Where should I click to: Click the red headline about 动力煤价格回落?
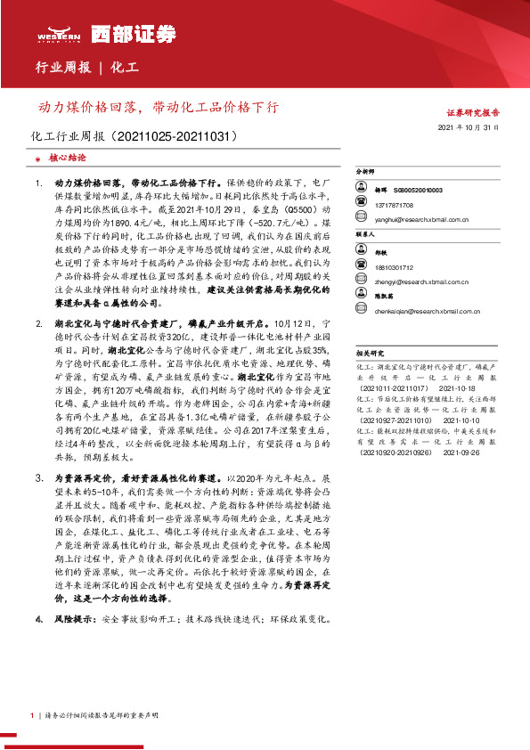(x=157, y=107)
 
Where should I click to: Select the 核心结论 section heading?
(x=68, y=158)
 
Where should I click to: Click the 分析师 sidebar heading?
(x=366, y=169)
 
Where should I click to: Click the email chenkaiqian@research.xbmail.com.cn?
(x=428, y=313)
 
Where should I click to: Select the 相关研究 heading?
(x=369, y=354)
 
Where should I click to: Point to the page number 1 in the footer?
(x=32, y=715)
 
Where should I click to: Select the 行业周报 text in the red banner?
(x=61, y=68)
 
